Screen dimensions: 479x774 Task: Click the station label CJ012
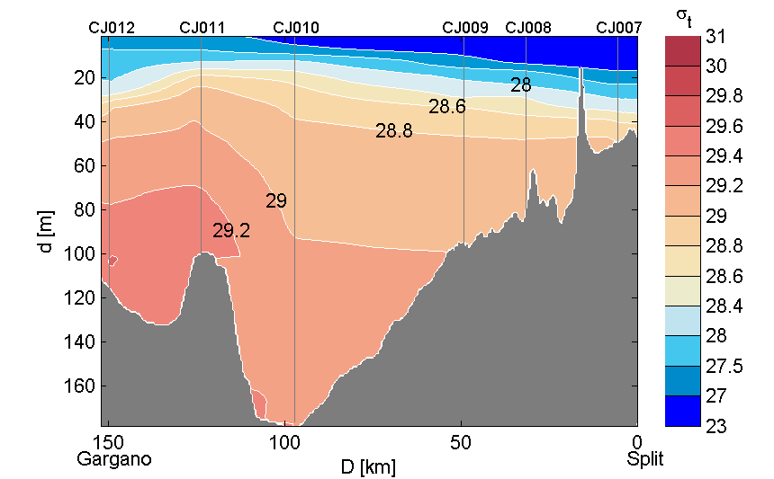[x=112, y=28]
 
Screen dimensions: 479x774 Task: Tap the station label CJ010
[x=295, y=28]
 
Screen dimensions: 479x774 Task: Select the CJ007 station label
[x=619, y=28]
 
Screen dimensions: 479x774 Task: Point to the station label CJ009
[x=465, y=28]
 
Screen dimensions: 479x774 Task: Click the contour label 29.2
[x=231, y=232]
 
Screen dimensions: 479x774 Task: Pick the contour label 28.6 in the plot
[x=447, y=107]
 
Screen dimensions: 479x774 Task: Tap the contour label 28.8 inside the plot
[x=394, y=131]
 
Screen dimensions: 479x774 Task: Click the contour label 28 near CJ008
[x=520, y=85]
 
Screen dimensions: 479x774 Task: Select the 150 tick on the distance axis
[x=109, y=442]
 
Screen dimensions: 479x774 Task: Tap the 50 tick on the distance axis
[x=461, y=442]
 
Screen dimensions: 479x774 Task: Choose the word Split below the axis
[x=645, y=459]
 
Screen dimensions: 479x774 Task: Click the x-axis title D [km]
[x=368, y=467]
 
